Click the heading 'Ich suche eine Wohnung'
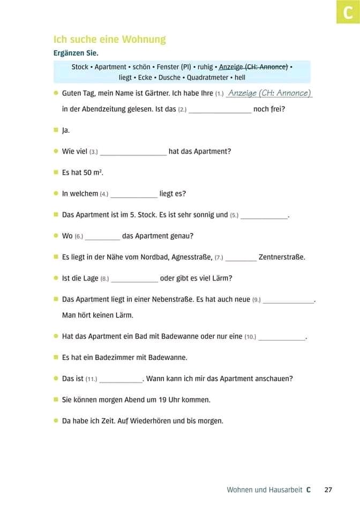tap(109, 39)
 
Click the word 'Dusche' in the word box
tap(169, 77)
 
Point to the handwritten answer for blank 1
tap(269, 93)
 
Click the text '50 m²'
tap(93, 172)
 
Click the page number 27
tap(328, 489)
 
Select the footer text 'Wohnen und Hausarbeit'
tap(265, 489)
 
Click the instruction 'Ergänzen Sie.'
tap(76, 53)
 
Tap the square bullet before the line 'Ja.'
tap(56, 130)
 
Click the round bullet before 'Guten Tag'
tap(56, 93)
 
